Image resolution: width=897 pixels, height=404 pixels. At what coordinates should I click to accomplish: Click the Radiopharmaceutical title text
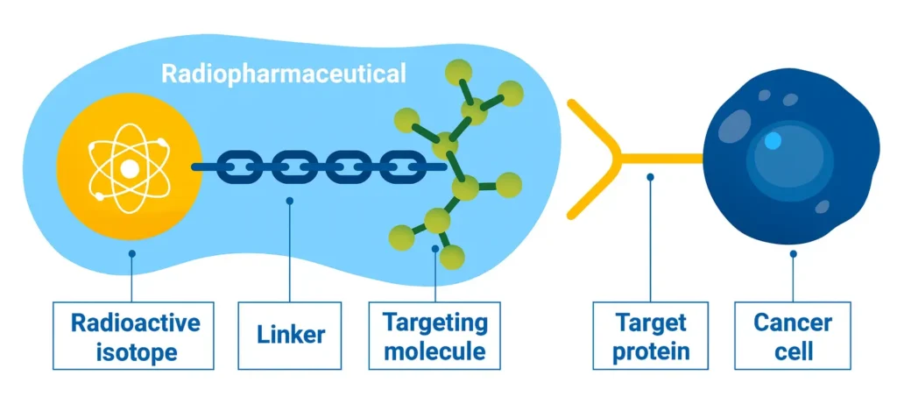[x=284, y=74]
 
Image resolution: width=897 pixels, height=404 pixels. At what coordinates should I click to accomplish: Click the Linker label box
[x=291, y=335]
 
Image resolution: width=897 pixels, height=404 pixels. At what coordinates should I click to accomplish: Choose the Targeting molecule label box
[x=434, y=336]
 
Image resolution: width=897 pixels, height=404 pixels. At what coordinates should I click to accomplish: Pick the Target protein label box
[x=650, y=336]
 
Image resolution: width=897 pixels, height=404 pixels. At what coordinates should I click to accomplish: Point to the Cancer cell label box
[x=793, y=336]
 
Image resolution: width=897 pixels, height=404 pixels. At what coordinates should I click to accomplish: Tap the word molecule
[x=434, y=351]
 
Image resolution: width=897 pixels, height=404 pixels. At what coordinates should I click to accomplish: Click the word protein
[x=650, y=351]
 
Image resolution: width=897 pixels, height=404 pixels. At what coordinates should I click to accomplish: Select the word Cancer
[x=793, y=322]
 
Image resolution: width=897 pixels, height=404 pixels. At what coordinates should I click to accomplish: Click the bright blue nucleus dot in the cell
[x=772, y=140]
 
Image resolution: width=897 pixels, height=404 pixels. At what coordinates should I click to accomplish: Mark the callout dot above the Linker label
[x=290, y=201]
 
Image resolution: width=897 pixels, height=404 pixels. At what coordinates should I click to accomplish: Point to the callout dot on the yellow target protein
[x=650, y=176]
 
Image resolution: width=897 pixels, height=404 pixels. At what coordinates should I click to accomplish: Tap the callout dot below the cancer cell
[x=793, y=254]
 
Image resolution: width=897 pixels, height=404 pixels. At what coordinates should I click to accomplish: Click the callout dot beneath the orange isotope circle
[x=131, y=254]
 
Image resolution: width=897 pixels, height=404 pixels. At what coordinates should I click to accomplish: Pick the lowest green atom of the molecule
[x=452, y=257]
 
